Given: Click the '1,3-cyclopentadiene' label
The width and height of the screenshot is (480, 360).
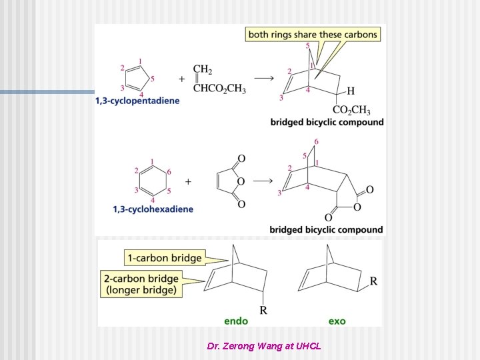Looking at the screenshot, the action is tap(137, 101).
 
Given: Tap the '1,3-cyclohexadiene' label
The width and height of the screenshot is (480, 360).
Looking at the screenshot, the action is tap(153, 209).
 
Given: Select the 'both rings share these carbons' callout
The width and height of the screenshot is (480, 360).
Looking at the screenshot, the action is tap(313, 34).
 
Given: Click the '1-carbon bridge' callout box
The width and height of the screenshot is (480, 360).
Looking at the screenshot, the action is tap(165, 258).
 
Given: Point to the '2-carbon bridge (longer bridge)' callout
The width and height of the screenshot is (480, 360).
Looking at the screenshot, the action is tap(141, 284).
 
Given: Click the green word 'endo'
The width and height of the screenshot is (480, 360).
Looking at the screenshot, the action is tap(236, 321).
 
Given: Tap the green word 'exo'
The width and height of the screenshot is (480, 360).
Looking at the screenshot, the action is tap(337, 321).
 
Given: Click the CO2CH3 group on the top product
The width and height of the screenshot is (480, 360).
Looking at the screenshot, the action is tap(351, 109).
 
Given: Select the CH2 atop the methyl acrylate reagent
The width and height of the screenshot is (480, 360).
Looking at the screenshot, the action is tap(203, 69).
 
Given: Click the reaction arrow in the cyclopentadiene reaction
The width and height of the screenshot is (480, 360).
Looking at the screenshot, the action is tap(264, 79).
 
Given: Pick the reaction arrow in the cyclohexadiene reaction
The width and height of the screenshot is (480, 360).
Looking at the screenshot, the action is tap(263, 181).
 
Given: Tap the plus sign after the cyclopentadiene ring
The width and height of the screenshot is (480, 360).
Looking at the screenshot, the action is tap(182, 79).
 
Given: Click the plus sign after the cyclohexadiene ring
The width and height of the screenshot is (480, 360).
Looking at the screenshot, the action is tap(188, 182).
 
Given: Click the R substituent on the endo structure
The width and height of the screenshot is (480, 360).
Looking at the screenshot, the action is tap(263, 310).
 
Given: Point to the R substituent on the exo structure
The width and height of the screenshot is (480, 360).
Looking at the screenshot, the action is tap(373, 281).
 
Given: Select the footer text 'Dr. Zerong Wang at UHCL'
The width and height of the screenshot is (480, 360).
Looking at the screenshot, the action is tap(264, 346).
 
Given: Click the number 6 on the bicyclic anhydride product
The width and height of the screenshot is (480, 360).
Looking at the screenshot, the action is tap(316, 141).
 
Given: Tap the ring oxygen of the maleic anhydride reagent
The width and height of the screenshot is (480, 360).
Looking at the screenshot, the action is tap(241, 181).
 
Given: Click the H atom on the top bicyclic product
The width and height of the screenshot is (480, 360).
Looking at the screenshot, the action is tap(351, 91).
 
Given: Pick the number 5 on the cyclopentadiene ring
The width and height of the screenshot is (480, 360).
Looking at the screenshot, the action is tap(152, 79).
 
